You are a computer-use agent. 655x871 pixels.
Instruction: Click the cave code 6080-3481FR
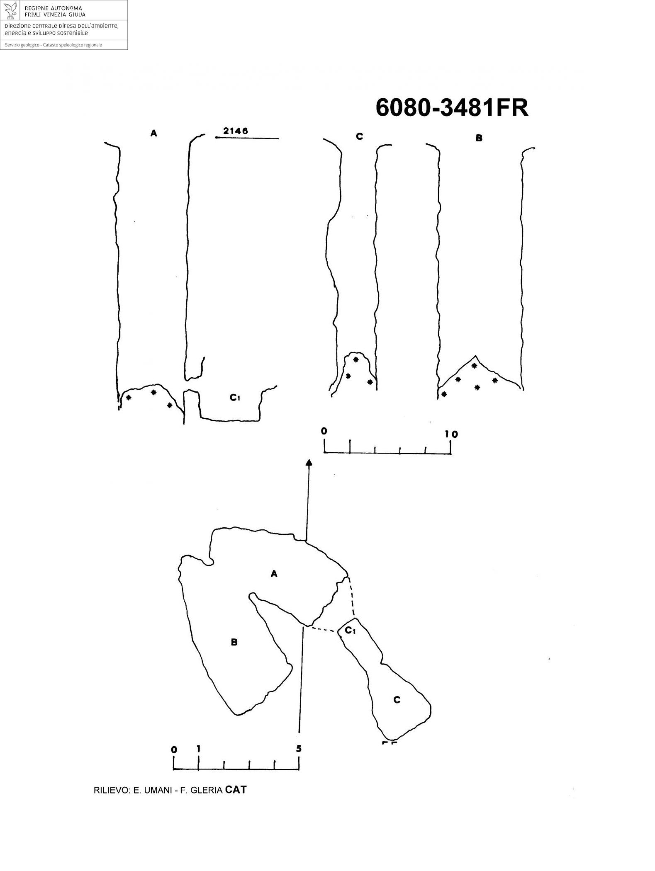(452, 108)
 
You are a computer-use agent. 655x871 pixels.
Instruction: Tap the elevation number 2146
(235, 131)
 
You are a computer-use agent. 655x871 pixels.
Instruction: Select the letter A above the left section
(154, 133)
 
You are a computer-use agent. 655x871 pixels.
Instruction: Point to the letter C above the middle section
(359, 136)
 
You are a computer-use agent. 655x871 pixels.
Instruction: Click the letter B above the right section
(479, 138)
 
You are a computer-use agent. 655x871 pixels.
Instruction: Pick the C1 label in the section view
(235, 398)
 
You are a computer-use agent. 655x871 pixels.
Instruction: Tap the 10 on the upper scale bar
(451, 434)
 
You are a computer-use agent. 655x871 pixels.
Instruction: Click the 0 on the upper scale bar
(324, 431)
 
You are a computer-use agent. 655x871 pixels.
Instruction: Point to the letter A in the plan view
(274, 574)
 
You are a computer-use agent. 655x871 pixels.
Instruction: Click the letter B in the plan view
(234, 643)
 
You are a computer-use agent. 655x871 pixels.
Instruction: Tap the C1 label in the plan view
(351, 631)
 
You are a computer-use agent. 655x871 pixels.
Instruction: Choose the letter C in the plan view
(397, 700)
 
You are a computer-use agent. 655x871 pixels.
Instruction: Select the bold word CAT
(236, 790)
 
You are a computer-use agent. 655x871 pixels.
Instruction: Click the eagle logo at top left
(10, 10)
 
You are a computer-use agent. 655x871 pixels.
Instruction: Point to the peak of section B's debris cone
(476, 356)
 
